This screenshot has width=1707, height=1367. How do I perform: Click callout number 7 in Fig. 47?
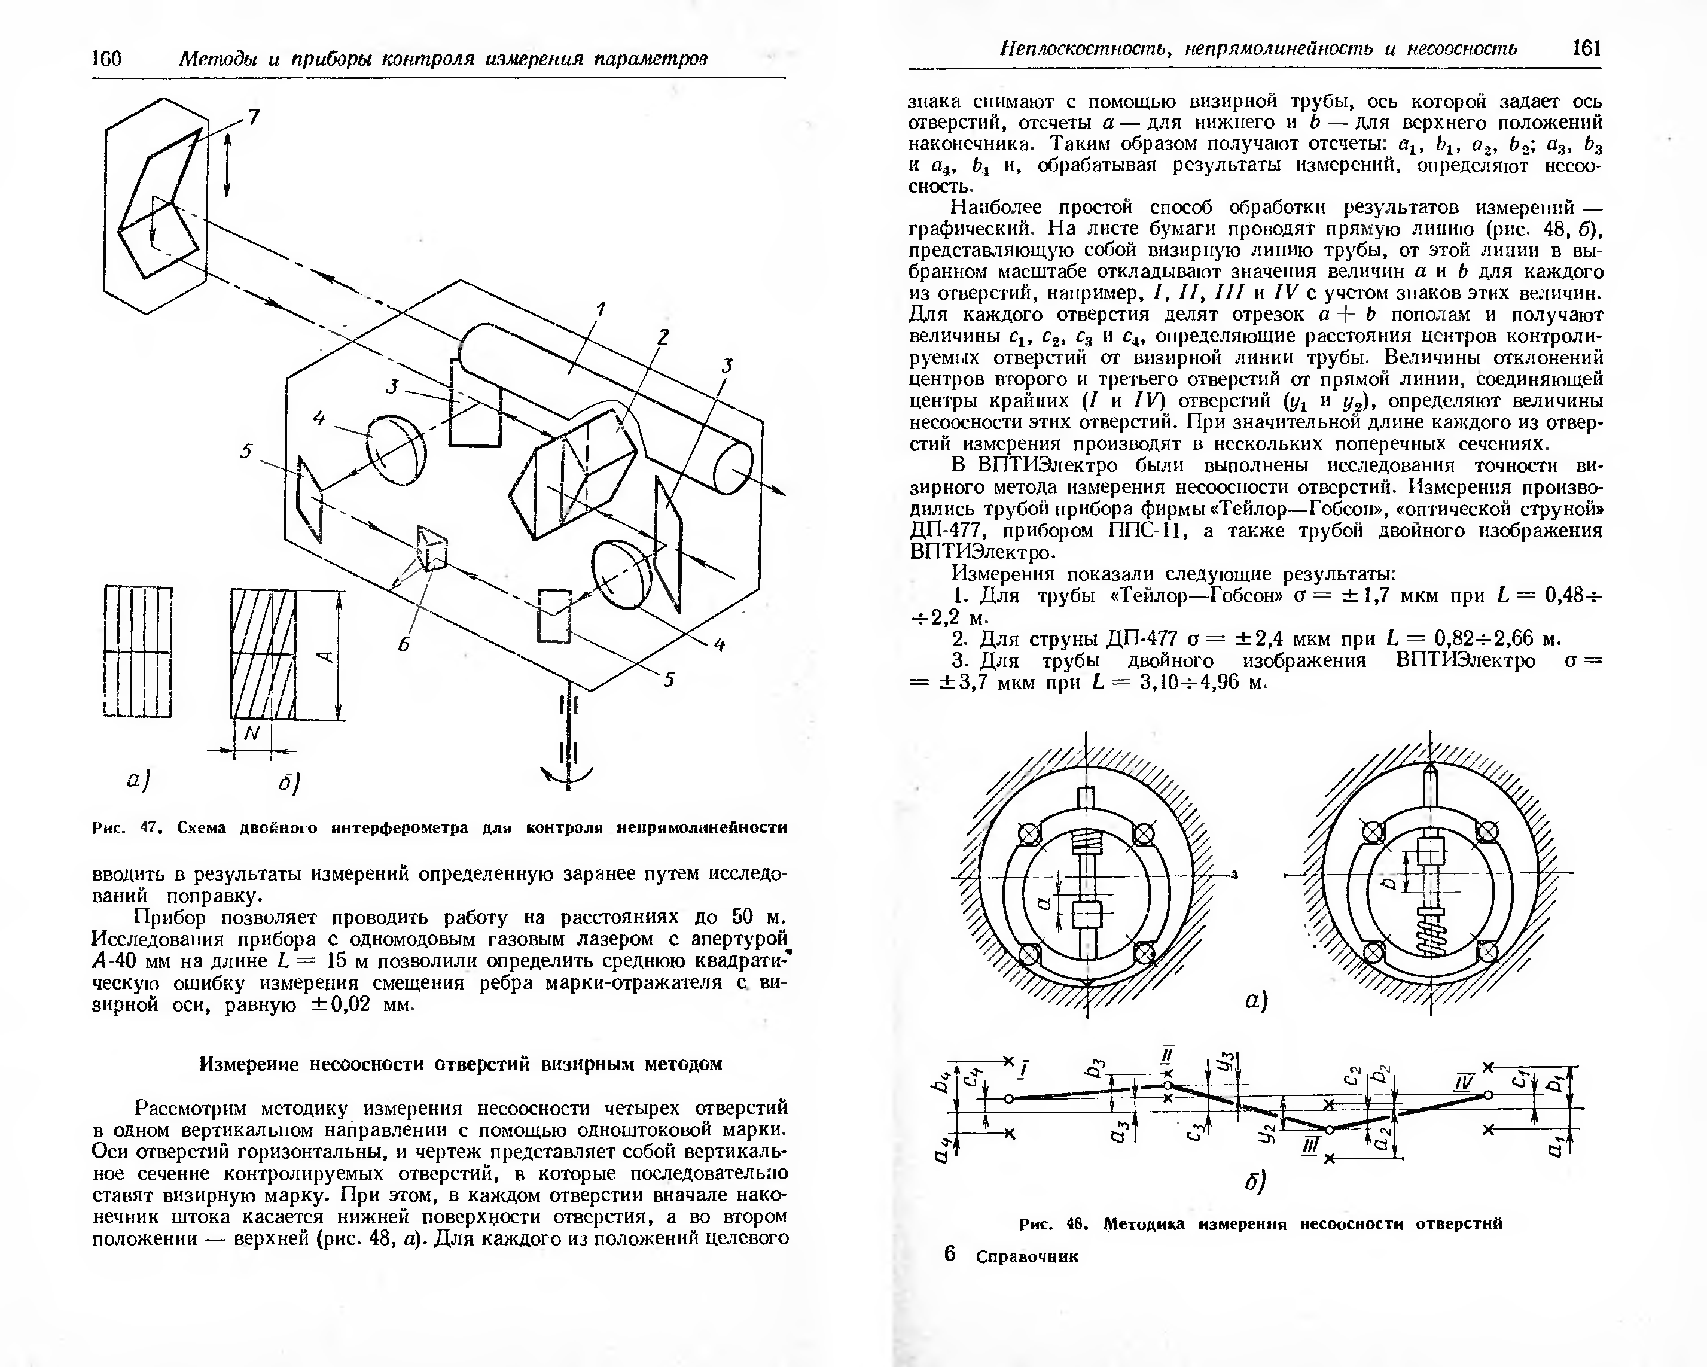(254, 118)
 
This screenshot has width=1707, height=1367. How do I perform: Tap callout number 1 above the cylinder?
(601, 308)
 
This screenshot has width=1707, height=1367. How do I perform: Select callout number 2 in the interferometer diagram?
(663, 337)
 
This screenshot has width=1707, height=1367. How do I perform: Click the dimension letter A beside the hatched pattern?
(323, 654)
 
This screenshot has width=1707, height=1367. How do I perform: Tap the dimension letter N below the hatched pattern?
(252, 734)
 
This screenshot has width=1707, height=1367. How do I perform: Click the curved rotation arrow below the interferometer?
(567, 776)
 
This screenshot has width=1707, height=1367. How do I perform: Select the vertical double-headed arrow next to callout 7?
(227, 164)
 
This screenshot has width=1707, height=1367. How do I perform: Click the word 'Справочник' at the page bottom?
(1027, 1257)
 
